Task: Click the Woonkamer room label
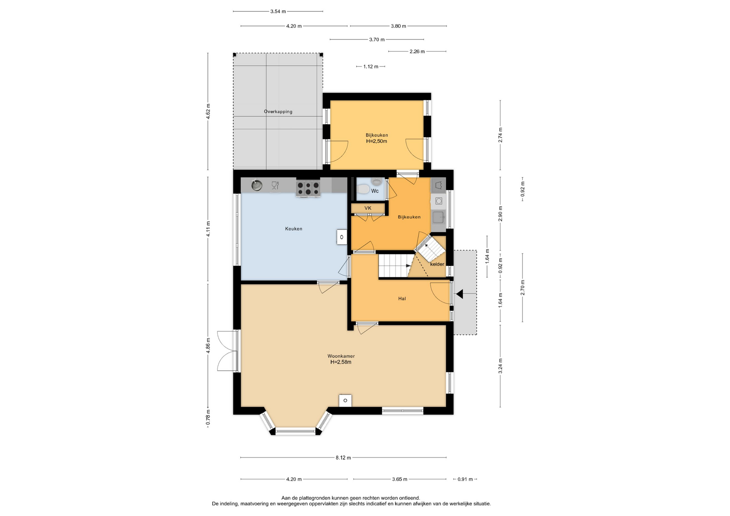click(x=341, y=356)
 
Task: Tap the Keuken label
click(x=294, y=229)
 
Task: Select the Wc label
click(x=375, y=191)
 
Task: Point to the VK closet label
click(x=368, y=208)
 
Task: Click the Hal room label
click(x=402, y=299)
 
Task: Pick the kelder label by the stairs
click(x=437, y=264)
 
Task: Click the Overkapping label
click(x=278, y=112)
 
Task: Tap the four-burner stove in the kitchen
click(x=308, y=188)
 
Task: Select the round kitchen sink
click(x=257, y=185)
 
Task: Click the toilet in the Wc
click(x=363, y=189)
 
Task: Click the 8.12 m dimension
click(x=343, y=458)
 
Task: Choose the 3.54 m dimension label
click(x=278, y=11)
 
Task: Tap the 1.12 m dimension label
click(x=371, y=66)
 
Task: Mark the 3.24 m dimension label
click(x=500, y=366)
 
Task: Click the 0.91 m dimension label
click(x=465, y=479)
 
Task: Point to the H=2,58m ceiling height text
click(x=341, y=362)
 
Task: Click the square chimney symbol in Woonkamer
click(x=345, y=400)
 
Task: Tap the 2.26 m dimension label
click(x=417, y=51)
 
